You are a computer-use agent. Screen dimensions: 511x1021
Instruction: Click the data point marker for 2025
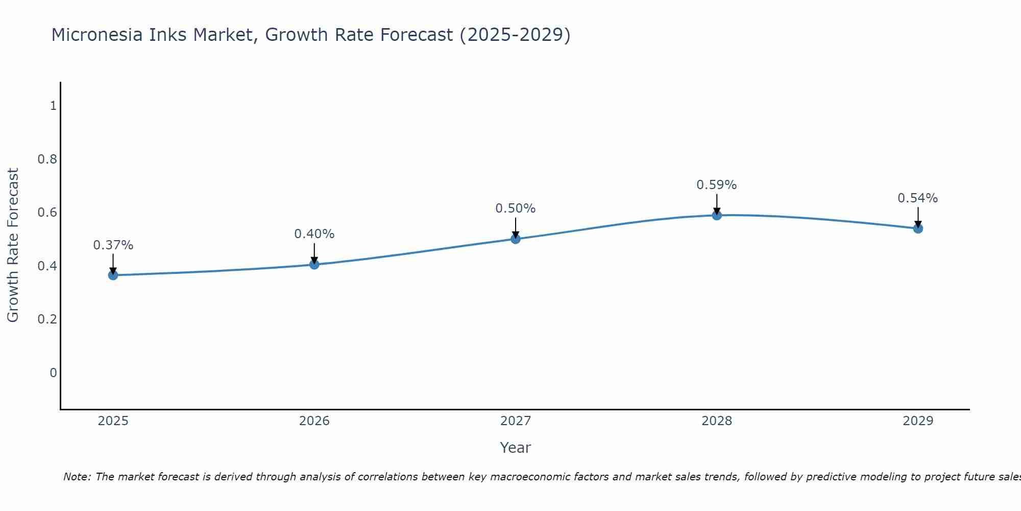coord(113,275)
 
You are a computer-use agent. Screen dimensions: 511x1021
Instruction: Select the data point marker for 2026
coord(314,264)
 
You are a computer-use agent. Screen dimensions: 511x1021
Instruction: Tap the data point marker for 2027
coord(516,239)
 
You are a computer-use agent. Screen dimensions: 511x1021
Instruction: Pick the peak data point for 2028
coord(717,215)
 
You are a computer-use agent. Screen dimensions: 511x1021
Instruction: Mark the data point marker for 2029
coord(918,228)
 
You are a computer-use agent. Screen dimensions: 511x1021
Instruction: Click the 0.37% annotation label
coord(113,245)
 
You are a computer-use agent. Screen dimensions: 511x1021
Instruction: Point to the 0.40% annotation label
coord(314,234)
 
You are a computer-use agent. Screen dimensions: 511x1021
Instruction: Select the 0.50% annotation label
coord(516,208)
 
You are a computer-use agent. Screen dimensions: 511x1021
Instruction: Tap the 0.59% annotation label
coord(717,185)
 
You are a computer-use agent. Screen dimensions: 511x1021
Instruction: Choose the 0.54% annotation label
coord(918,198)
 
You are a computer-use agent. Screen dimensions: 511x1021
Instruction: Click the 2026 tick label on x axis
coord(314,421)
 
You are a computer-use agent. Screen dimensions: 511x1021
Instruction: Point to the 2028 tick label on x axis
coord(717,421)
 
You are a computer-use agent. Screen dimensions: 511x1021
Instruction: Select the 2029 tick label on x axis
coord(918,421)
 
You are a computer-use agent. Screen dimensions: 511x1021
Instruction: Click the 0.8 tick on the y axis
coord(47,159)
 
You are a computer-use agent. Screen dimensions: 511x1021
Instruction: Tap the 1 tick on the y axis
coord(53,106)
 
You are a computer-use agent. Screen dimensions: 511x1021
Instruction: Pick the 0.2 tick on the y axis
coord(47,319)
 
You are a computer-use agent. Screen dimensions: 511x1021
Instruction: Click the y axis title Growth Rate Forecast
coord(13,245)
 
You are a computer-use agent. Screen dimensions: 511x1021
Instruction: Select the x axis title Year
coord(516,448)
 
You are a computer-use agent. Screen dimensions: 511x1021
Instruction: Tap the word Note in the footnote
coord(77,477)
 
